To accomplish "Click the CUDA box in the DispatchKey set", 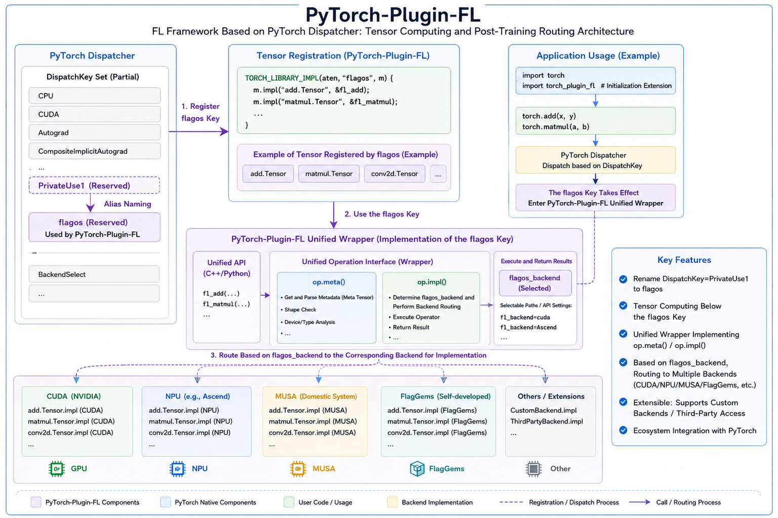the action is pyautogui.click(x=95, y=114).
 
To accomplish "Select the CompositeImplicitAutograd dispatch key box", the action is pyautogui.click(x=95, y=151).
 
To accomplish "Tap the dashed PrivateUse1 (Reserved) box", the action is pyautogui.click(x=95, y=185).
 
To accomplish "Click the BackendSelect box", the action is pyautogui.click(x=94, y=274).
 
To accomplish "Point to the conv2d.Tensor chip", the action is pyautogui.click(x=394, y=174).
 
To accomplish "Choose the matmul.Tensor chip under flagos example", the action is pyautogui.click(x=329, y=174).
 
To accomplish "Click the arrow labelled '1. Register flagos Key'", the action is pyautogui.click(x=198, y=132).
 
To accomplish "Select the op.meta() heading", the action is pyautogui.click(x=329, y=282).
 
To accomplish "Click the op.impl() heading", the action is pyautogui.click(x=432, y=282).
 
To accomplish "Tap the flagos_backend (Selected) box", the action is pyautogui.click(x=535, y=283).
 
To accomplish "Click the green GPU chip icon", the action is pyautogui.click(x=57, y=469).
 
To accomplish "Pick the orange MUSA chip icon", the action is pyautogui.click(x=298, y=469).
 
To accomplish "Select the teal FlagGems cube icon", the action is pyautogui.click(x=417, y=469).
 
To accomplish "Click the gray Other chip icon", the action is pyautogui.click(x=534, y=469).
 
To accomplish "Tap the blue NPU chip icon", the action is pyautogui.click(x=178, y=469).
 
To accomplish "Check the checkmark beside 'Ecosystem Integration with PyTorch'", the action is pyautogui.click(x=624, y=430).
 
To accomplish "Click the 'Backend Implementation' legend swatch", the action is pyautogui.click(x=392, y=502).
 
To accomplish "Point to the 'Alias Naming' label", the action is pyautogui.click(x=128, y=204).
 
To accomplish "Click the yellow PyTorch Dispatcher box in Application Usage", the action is pyautogui.click(x=595, y=160).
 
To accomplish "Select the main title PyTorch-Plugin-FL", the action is pyautogui.click(x=393, y=15).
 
